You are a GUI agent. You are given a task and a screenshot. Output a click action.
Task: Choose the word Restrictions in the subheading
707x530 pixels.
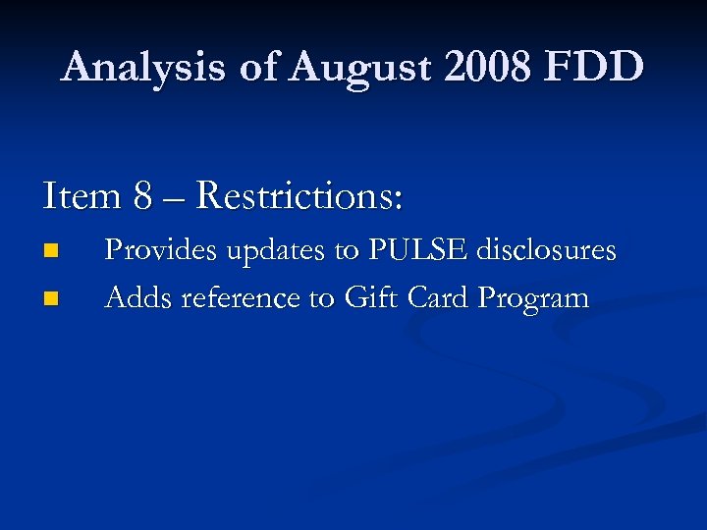pos(299,195)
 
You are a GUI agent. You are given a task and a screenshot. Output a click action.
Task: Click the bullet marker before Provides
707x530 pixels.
pos(51,251)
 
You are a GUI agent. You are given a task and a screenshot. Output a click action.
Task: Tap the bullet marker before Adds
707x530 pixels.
pos(51,296)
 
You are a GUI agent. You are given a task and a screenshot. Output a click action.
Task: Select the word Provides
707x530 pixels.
pos(162,251)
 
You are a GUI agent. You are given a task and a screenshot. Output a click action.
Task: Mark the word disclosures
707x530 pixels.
pos(547,251)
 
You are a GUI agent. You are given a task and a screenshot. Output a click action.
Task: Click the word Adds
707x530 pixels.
pos(136,296)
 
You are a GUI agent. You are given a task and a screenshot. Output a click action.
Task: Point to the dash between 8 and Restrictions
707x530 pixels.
pos(175,197)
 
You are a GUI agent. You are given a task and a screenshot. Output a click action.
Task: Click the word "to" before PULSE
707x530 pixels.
pos(348,251)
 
